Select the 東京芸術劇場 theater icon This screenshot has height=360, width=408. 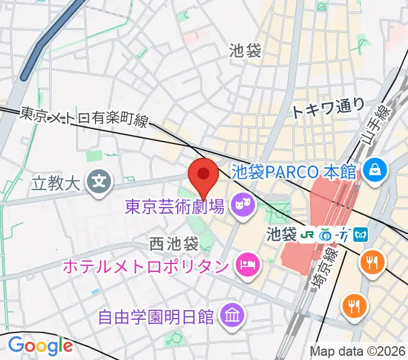point(244,206)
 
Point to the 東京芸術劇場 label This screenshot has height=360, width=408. point(175,207)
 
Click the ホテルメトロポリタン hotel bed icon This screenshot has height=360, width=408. point(246,263)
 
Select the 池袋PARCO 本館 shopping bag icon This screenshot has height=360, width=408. point(374,170)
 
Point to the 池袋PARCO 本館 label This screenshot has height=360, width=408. point(293,171)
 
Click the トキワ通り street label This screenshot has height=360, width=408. point(328,107)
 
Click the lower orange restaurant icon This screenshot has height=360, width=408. point(354,306)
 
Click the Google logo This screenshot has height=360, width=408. point(40,346)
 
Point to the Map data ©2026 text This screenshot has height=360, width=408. point(357,351)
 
